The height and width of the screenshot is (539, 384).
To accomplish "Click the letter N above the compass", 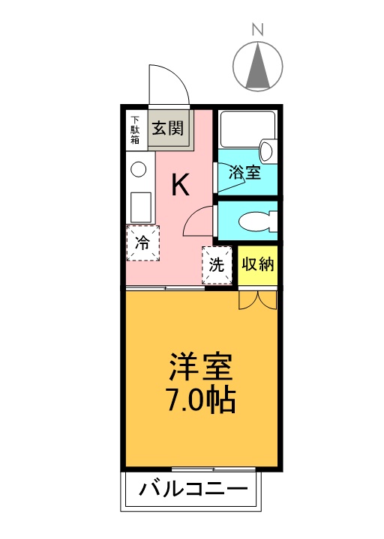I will (x=257, y=30).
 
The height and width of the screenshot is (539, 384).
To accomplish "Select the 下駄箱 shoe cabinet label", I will (x=136, y=130).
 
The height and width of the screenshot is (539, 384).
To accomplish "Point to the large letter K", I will (x=180, y=184).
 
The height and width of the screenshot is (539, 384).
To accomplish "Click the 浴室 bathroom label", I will (x=245, y=172).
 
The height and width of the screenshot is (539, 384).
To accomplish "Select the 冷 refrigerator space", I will (x=142, y=242).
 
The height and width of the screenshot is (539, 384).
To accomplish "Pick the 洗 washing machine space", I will (x=217, y=264).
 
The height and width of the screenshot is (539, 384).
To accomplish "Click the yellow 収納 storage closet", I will (x=258, y=265).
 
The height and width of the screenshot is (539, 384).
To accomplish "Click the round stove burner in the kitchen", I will (x=139, y=170).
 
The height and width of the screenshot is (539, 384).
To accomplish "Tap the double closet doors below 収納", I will (x=259, y=299).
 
